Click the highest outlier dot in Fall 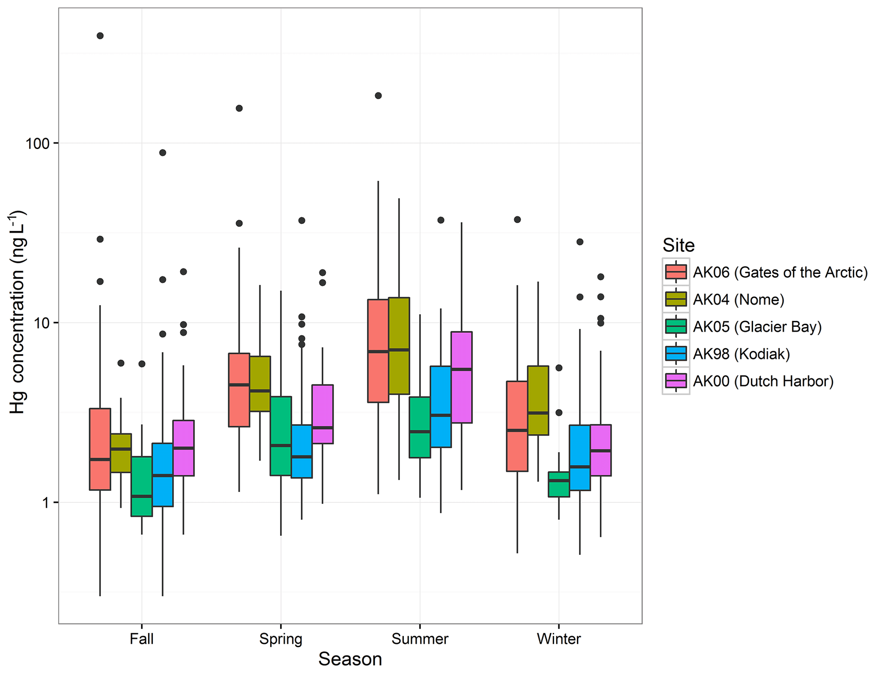pyautogui.click(x=100, y=36)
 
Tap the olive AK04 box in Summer pyautogui.click(x=399, y=345)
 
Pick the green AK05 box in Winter pyautogui.click(x=559, y=484)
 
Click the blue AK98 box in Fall pyautogui.click(x=163, y=474)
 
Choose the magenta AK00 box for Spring pyautogui.click(x=323, y=414)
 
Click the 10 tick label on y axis pyautogui.click(x=41, y=323)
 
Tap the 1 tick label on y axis pyautogui.click(x=45, y=503)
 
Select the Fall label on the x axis pyautogui.click(x=141, y=639)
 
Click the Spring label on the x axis pyautogui.click(x=281, y=639)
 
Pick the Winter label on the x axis pyautogui.click(x=559, y=639)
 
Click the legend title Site pyautogui.click(x=678, y=245)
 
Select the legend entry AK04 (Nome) pyautogui.click(x=738, y=300)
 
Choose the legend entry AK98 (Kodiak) pyautogui.click(x=741, y=354)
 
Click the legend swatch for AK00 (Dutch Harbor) pyautogui.click(x=676, y=381)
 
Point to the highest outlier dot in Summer pyautogui.click(x=378, y=96)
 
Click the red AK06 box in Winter pyautogui.click(x=517, y=426)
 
